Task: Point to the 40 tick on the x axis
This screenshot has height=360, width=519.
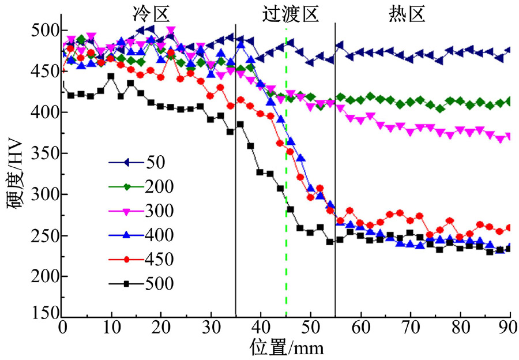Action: (x=261, y=329)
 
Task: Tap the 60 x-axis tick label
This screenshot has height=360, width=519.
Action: (x=360, y=329)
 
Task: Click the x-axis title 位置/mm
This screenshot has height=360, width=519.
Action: (x=286, y=347)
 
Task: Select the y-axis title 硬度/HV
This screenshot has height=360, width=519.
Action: (x=15, y=173)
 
